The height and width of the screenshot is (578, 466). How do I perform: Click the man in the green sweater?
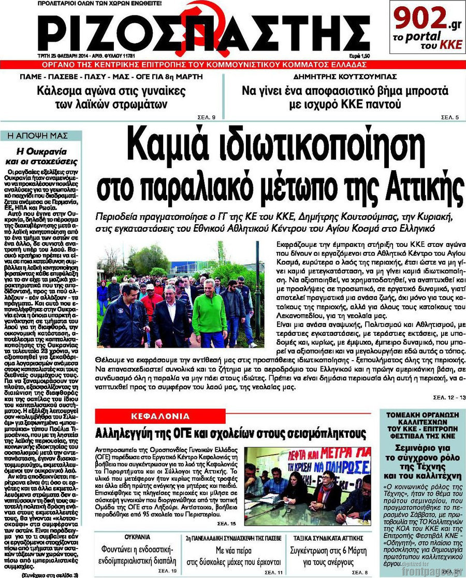(209, 313)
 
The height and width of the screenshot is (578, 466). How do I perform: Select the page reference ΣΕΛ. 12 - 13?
(448, 397)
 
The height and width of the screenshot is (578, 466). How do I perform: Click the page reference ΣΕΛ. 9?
(207, 117)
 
